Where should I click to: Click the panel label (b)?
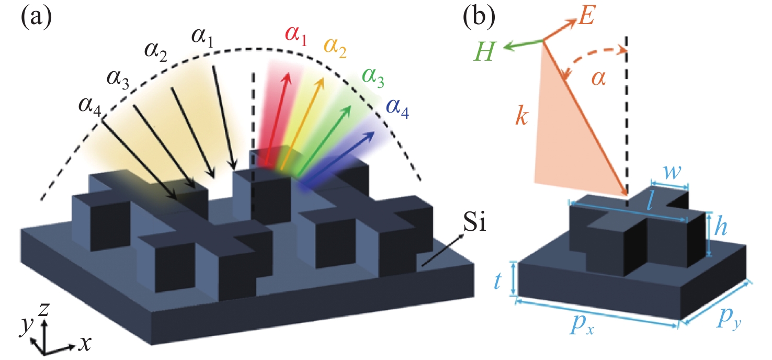(x=480, y=19)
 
